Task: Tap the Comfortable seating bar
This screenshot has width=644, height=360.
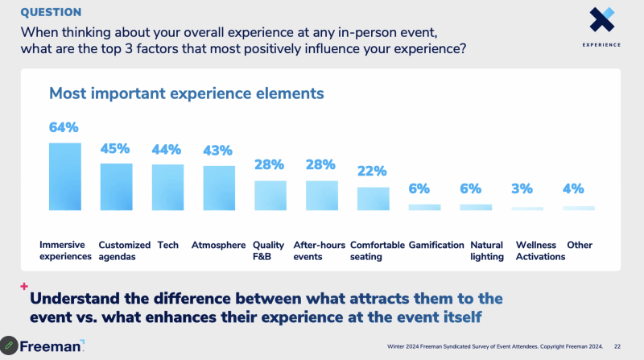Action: (x=373, y=198)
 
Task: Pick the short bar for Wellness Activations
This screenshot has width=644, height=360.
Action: (x=527, y=209)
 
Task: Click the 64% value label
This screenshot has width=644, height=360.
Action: (x=64, y=127)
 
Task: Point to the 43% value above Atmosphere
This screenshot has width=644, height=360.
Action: (x=217, y=151)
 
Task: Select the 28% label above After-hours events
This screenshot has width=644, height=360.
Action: (x=320, y=165)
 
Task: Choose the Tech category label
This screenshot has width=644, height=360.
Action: (x=167, y=245)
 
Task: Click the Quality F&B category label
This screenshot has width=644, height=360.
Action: (x=268, y=250)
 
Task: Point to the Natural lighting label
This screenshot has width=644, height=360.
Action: (x=486, y=250)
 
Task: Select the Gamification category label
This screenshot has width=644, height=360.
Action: (x=436, y=245)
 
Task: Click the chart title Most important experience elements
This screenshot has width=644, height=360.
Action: (x=187, y=93)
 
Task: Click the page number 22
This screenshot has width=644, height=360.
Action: (x=617, y=347)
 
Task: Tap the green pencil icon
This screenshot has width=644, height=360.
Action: (x=9, y=346)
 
